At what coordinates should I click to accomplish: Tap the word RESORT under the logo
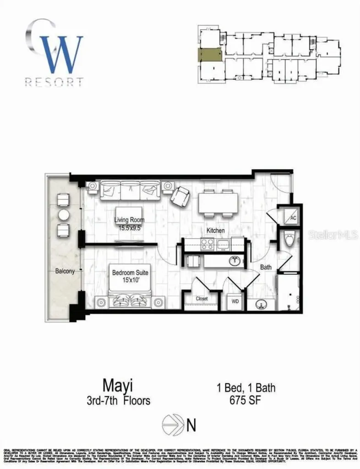coord(54,82)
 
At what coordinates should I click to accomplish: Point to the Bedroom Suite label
coord(130,276)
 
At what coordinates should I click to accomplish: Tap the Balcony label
coord(65,271)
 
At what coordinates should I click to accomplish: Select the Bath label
coord(266,267)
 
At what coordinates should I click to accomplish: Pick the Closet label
coord(201,299)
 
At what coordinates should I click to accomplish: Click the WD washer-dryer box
coord(235,301)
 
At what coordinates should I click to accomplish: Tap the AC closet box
coord(293,218)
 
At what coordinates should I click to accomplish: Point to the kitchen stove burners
coord(207,244)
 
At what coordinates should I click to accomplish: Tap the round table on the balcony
coord(63,215)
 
